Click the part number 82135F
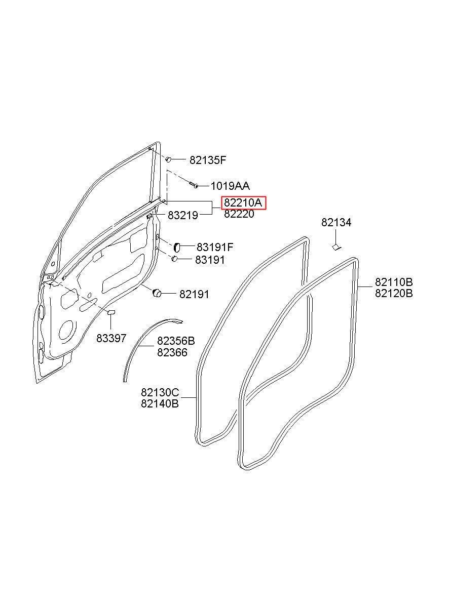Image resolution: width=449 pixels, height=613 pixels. pos(207,160)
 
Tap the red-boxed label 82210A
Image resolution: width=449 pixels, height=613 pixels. pos(243,203)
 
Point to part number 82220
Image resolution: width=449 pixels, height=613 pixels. pos(239,214)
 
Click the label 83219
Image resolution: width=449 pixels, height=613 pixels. pos(182,215)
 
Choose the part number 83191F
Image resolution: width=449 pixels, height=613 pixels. pos(215,248)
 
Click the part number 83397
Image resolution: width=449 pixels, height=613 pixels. pos(111,338)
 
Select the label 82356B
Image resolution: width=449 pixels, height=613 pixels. pos(176,341)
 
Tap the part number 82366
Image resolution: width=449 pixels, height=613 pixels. pos(172,352)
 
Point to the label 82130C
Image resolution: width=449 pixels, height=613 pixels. pos(160,393)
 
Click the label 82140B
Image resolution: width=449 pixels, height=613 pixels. pos(160,404)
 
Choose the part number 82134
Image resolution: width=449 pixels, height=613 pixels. pos(336,223)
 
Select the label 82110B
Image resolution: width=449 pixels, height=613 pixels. pos(394,282)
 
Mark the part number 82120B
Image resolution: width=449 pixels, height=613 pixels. pos(394,294)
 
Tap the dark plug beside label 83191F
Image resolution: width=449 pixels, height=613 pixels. pos(177,248)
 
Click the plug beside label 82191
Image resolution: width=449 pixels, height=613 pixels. pos(157,292)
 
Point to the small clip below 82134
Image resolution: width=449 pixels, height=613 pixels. pos(336,247)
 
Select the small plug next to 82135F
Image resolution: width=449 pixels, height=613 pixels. pos(170,159)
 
